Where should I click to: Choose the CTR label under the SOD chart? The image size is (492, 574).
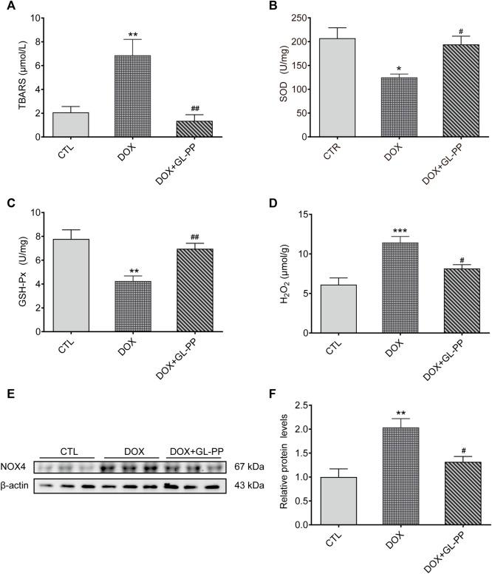click(x=310, y=156)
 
